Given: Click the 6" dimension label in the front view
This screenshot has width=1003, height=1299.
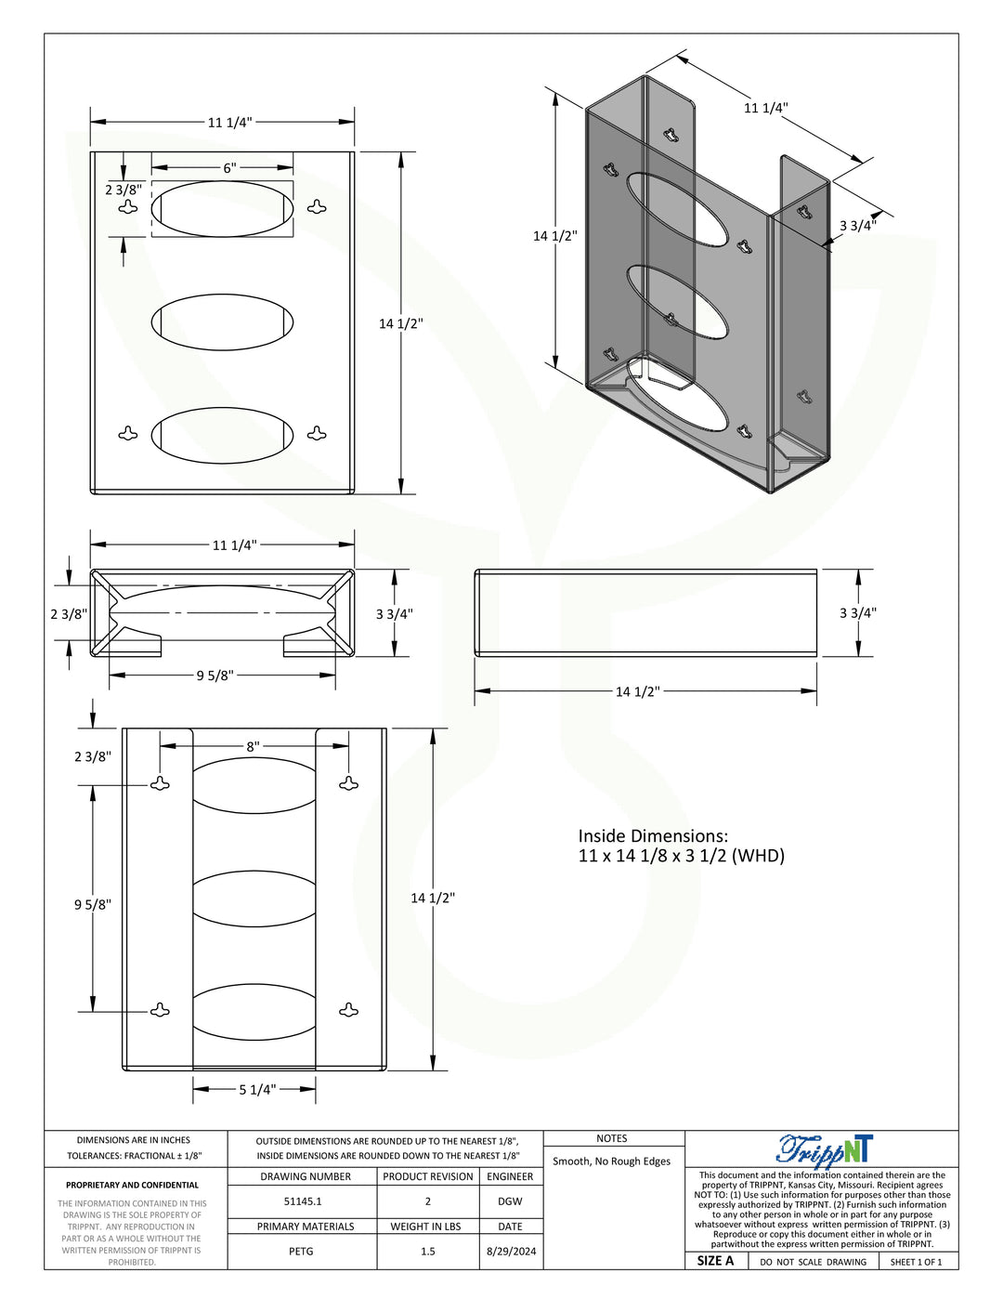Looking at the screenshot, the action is click(230, 168).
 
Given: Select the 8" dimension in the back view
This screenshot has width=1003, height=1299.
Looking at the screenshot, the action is click(254, 746).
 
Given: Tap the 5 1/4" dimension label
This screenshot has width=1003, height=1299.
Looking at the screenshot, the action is click(257, 1090).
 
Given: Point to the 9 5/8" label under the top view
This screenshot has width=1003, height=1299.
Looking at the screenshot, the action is click(215, 676).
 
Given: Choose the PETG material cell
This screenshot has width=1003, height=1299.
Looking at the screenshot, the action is click(301, 1252).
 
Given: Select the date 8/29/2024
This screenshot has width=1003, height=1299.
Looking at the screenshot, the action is click(511, 1252).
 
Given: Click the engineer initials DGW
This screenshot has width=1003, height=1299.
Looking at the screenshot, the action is click(510, 1201).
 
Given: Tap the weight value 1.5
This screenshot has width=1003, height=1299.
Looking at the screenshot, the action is click(428, 1252).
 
